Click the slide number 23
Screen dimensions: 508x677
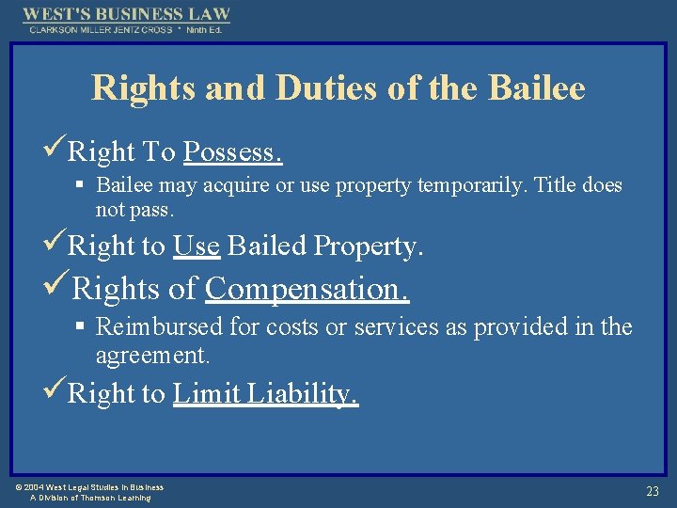tap(652, 491)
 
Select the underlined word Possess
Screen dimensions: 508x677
tap(233, 151)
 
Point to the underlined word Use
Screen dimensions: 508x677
tap(197, 246)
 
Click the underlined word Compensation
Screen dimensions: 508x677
tap(307, 289)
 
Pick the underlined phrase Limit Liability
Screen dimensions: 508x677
tap(265, 393)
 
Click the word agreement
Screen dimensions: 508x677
tap(152, 356)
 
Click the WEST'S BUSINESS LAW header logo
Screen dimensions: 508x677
tap(126, 15)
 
